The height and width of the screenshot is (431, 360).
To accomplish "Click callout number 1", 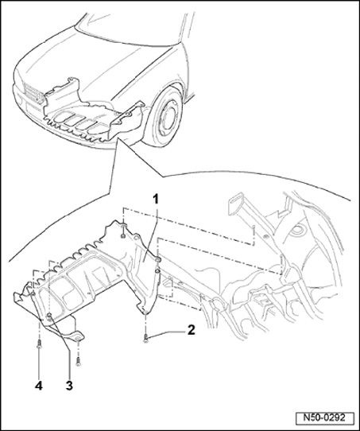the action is pyautogui.click(x=156, y=199).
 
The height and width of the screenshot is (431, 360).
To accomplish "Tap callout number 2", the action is pyautogui.click(x=191, y=330).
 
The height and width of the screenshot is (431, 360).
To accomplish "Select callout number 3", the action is pyautogui.click(x=69, y=386).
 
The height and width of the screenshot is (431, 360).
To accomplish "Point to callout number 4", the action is pyautogui.click(x=39, y=386).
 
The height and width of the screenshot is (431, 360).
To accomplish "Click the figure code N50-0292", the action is pyautogui.click(x=323, y=417).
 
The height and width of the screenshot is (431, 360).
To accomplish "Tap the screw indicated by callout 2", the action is pyautogui.click(x=145, y=338).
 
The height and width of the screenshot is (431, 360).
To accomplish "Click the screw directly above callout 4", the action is pyautogui.click(x=39, y=344).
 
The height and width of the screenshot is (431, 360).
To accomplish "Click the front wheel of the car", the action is pyautogui.click(x=164, y=118).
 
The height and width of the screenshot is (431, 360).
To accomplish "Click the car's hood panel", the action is pyautogui.click(x=91, y=60).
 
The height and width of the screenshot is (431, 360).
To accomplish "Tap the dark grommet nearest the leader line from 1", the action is pyautogui.click(x=158, y=259).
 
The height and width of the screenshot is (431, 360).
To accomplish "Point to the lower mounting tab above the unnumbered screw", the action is pyautogui.click(x=77, y=336).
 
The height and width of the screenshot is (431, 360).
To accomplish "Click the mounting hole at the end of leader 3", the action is pyautogui.click(x=49, y=315).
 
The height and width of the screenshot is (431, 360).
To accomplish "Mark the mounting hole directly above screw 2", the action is pyautogui.click(x=145, y=312).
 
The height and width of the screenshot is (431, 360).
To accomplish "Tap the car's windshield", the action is pyautogui.click(x=132, y=23).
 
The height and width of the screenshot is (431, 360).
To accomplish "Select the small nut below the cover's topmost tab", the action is pyautogui.click(x=122, y=236).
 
